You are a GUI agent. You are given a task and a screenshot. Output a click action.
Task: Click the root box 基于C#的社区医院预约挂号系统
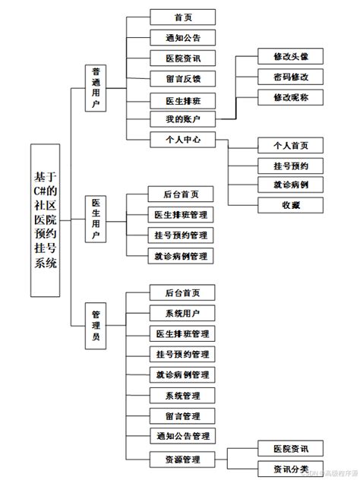point(45,219)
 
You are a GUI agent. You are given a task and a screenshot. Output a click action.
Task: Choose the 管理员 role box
point(97,325)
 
